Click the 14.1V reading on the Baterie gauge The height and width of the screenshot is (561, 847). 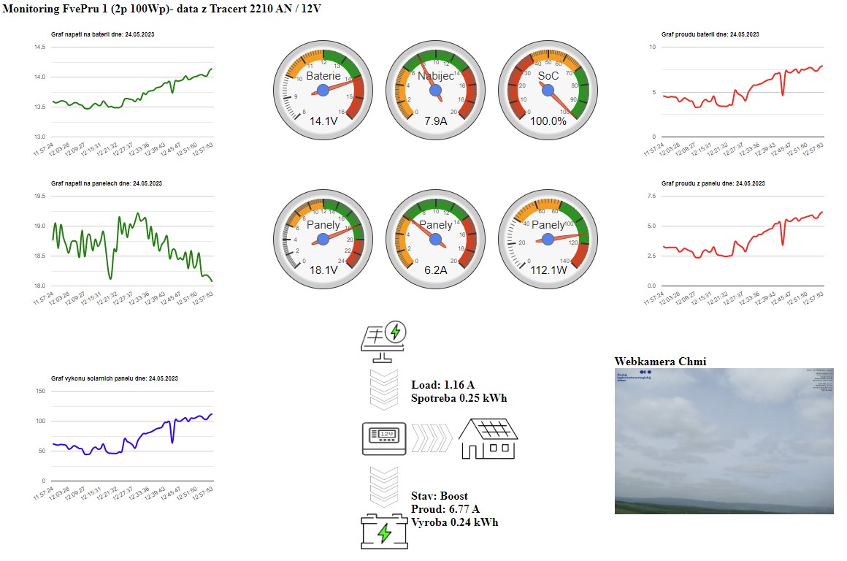point(323,121)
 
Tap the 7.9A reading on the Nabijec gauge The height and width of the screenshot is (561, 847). point(436,121)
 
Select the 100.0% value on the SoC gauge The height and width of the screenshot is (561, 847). point(548,121)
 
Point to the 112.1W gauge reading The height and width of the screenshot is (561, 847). point(548,270)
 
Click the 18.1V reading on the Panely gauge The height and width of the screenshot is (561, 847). point(323,270)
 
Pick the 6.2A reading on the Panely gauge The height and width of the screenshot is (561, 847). point(436,270)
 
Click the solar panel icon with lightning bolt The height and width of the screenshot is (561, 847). point(386,340)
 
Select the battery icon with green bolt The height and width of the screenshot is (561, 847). point(384,531)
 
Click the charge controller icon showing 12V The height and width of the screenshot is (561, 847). point(384,438)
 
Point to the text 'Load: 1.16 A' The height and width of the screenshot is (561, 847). point(443,385)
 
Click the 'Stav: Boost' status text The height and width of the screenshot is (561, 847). point(440,496)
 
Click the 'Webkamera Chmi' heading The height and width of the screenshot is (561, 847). point(660,361)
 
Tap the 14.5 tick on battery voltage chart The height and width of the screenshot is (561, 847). point(39,47)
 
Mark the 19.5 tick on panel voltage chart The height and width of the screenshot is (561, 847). point(39,196)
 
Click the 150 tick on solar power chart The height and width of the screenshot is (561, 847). point(41,391)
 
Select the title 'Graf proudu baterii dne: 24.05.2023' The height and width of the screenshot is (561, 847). point(710,34)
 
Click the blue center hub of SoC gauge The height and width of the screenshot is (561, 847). point(548,90)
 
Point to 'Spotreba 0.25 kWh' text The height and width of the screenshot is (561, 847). point(459,398)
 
